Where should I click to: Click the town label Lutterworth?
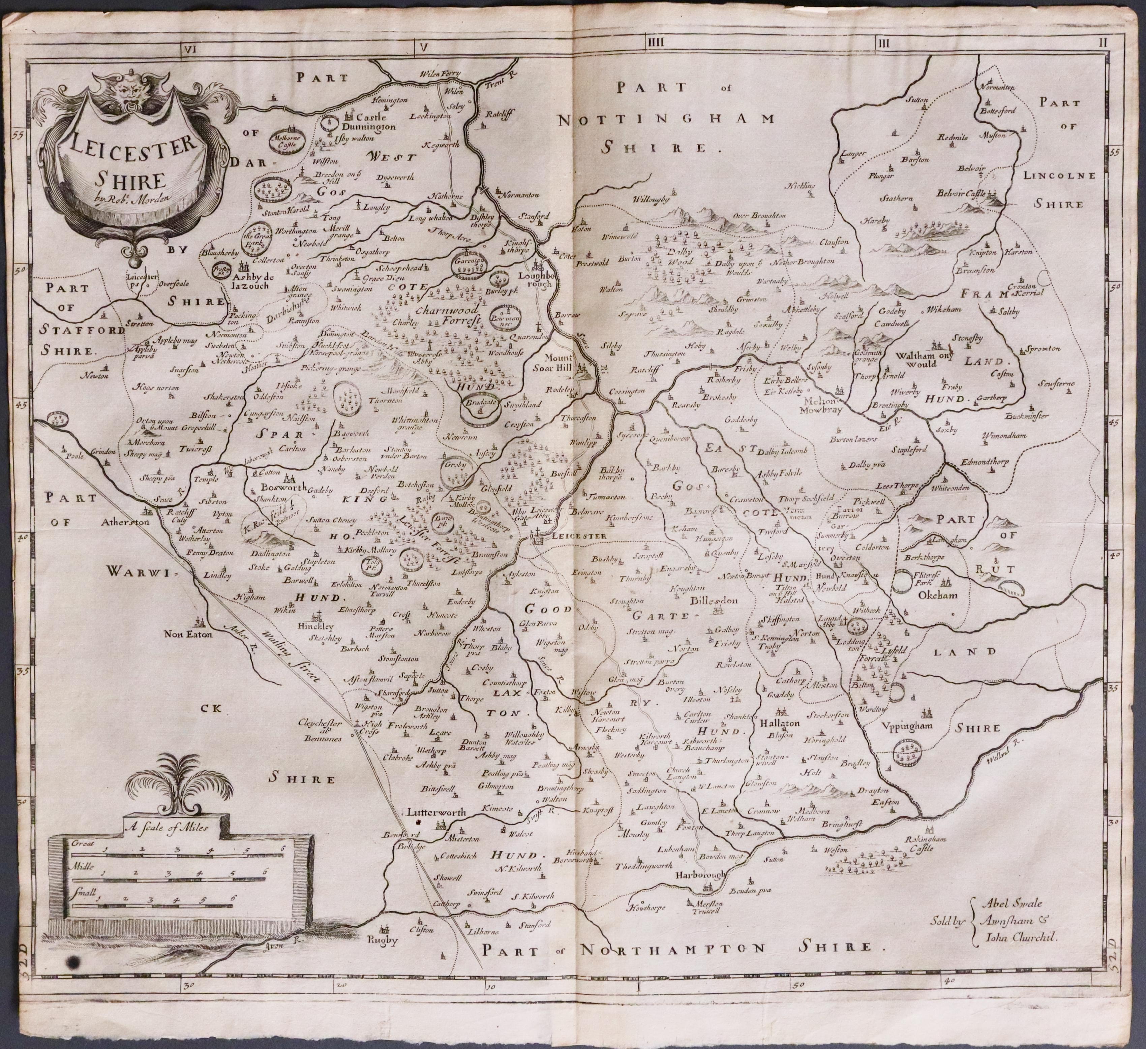(436, 812)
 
